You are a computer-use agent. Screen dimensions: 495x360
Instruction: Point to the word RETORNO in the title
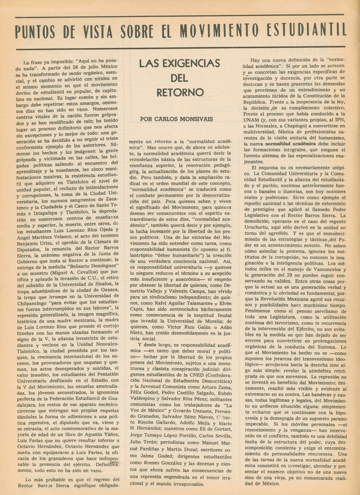pos(180,92)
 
